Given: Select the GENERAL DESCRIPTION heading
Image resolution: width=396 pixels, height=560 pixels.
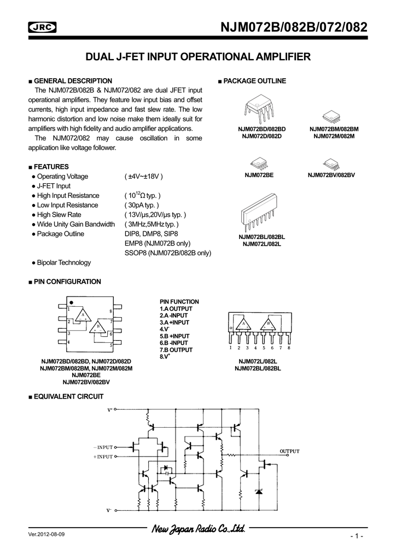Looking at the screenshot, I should (x=73, y=81).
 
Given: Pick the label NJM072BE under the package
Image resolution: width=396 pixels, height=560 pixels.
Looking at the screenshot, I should (x=259, y=175).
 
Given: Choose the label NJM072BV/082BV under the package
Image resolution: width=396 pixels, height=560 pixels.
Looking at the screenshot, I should (x=331, y=175).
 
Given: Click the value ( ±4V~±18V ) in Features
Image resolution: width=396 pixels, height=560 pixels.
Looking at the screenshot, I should (x=144, y=176).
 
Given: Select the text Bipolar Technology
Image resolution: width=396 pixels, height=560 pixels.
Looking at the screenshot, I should (x=64, y=262).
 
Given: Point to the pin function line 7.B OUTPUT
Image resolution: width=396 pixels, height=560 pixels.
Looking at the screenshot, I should (x=176, y=349).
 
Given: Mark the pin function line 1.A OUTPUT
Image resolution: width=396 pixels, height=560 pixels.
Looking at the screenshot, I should (x=176, y=309).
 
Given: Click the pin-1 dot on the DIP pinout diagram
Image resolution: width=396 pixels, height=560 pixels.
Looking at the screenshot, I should (x=71, y=302).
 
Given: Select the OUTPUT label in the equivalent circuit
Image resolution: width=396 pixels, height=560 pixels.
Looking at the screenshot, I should (x=290, y=451).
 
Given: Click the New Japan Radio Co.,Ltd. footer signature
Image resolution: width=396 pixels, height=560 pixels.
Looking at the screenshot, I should (x=197, y=529).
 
